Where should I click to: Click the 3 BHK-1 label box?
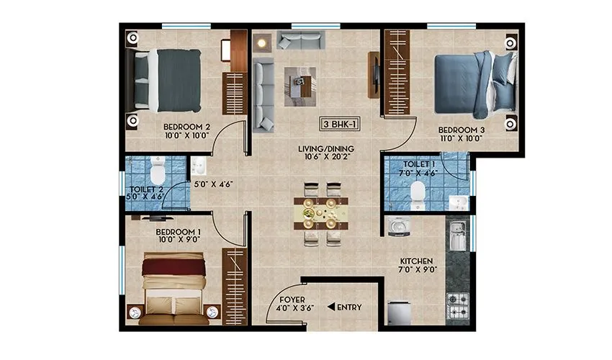point(341,124)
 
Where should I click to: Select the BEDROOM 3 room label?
point(461,130)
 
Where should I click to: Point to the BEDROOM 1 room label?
point(178,232)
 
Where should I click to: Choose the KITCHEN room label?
point(416,261)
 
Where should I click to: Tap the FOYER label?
point(292,299)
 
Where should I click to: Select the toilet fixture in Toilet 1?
point(417,191)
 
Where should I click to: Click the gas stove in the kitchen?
point(458,300)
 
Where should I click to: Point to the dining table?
point(321,212)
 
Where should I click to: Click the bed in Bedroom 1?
point(173,287)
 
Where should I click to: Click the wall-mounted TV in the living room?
point(374,74)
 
